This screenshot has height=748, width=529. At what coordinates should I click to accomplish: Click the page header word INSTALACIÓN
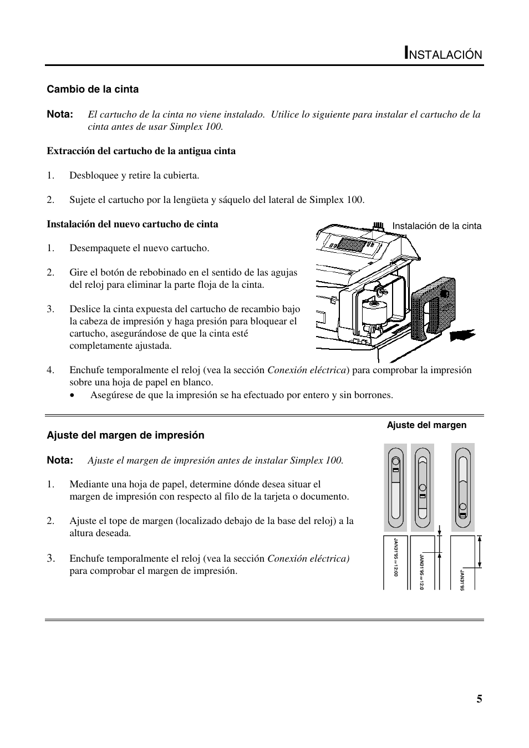pos(443,54)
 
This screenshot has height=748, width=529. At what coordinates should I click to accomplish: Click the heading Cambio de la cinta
pos(93,89)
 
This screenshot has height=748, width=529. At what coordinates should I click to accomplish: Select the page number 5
pos(479,699)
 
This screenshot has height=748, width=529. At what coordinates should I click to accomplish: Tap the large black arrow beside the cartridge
pos(462,335)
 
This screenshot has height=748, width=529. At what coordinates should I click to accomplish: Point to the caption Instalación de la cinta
pos(436,226)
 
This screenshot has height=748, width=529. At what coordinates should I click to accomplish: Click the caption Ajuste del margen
pos(426,425)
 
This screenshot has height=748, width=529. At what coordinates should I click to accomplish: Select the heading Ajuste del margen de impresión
pos(125,435)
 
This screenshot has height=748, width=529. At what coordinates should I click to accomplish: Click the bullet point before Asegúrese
pos(73,395)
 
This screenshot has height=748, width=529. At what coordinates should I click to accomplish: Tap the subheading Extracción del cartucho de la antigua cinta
pos(141,151)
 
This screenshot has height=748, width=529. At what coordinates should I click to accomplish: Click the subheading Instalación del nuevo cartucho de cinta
pos(132,224)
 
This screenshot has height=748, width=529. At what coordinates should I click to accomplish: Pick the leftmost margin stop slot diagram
pos(395,487)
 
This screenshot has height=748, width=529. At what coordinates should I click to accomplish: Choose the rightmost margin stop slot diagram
pos(462,487)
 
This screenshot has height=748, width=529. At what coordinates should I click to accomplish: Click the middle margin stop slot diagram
pos(422,487)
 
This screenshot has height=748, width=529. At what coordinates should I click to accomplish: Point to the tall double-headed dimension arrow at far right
pos(480,551)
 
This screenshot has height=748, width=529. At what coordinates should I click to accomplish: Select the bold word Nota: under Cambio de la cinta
pos(60,114)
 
